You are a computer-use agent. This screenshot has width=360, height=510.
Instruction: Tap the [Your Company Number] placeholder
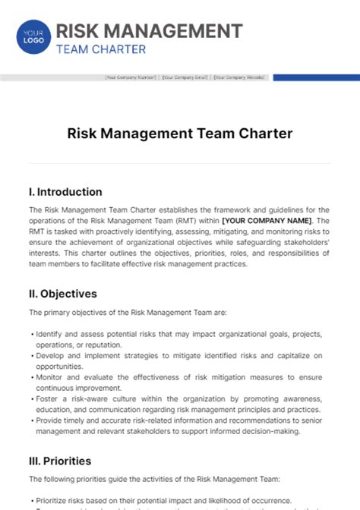131,77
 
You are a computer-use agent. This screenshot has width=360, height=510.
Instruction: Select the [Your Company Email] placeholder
185,77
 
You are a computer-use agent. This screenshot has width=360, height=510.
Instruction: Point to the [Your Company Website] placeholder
238,77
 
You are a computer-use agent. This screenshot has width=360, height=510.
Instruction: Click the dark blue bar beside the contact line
316,77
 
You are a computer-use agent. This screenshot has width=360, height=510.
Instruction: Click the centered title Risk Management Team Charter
180,134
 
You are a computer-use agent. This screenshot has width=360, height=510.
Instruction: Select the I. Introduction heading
65,192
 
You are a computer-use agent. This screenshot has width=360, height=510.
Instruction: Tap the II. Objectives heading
62,293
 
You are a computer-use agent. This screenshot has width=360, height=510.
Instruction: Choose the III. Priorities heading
60,460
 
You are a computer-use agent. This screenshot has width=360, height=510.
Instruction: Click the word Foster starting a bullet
45,398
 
